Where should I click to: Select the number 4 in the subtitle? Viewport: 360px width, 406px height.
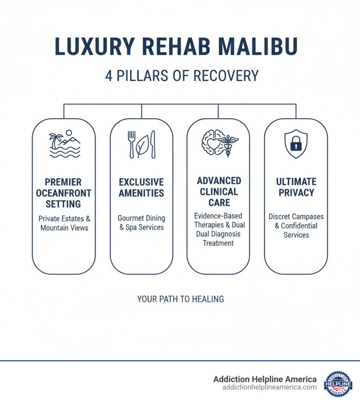109,75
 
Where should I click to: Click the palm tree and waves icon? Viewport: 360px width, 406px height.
64,144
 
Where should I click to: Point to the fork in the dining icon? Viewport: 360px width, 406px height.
131,144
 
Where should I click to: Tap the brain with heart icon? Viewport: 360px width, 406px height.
213,142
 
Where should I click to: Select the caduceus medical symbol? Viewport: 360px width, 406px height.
229,144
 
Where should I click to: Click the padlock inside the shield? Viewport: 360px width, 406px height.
296,145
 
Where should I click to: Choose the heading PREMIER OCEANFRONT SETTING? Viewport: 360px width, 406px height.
63,193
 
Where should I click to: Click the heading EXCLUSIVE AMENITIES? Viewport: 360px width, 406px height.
141,188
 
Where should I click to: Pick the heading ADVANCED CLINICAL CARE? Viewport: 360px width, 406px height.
219,192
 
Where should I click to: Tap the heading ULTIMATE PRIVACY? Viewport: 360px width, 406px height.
296,187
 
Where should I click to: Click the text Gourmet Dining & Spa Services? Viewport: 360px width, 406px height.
141,223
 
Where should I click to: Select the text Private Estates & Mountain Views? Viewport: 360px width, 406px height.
64,223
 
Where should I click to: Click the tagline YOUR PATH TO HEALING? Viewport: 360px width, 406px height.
181,299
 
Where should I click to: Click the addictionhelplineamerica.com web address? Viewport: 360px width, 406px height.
269,387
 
